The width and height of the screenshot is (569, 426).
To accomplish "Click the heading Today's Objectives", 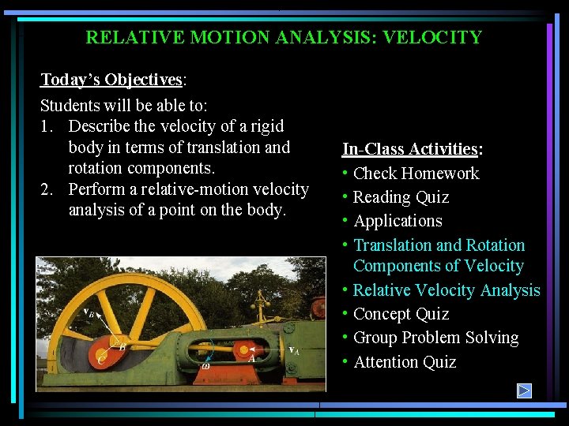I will [x=111, y=80].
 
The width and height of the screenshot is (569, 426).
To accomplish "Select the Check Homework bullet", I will [x=416, y=174].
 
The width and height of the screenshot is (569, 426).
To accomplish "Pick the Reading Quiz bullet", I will [x=401, y=197].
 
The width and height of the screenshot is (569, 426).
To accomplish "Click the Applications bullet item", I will [x=398, y=221].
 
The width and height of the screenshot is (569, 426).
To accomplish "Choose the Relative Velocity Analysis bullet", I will [x=447, y=290].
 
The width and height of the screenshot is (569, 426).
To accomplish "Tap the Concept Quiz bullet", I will [x=401, y=314].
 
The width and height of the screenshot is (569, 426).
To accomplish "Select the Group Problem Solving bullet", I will [x=435, y=338].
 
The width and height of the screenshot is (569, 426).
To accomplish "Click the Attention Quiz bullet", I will [x=405, y=362].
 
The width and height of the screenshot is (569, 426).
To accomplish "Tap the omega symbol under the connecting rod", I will [x=205, y=365].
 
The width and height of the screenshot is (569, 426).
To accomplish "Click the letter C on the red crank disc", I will [x=101, y=358].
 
